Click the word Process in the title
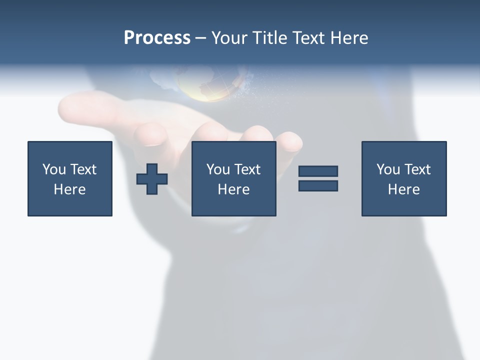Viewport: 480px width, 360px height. [157, 38]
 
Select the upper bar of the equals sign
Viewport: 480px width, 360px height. [318, 171]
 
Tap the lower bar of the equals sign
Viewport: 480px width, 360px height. [318, 185]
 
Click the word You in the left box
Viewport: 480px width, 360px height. [54, 169]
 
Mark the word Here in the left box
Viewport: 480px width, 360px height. [69, 189]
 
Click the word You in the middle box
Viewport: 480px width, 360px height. [218, 169]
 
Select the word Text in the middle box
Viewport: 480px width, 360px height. [246, 169]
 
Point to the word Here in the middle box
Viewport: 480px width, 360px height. [233, 189]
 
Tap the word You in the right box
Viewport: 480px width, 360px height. [388, 169]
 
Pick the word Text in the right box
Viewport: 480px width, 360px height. [416, 169]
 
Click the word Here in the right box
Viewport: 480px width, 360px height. [403, 189]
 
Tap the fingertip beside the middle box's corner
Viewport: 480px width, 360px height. [290, 141]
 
